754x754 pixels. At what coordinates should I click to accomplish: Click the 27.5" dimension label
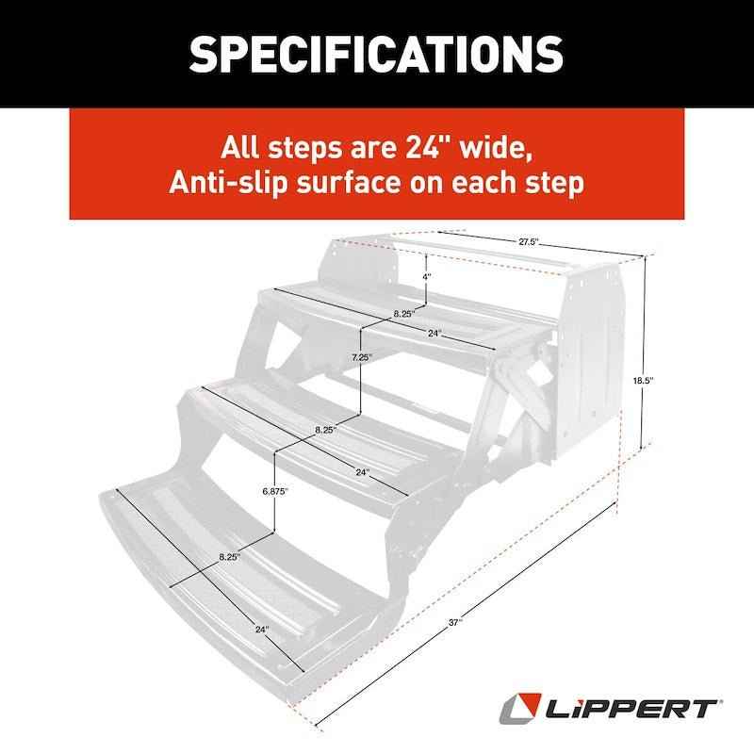tap(528, 242)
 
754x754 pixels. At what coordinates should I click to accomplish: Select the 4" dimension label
tap(427, 277)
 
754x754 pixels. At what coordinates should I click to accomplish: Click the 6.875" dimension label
tap(275, 491)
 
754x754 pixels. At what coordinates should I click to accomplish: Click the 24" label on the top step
tap(434, 333)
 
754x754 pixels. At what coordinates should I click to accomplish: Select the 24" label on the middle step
tap(362, 471)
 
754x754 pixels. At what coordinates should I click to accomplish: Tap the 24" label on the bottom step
tap(261, 629)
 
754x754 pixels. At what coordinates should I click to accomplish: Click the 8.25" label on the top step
tap(380, 312)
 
